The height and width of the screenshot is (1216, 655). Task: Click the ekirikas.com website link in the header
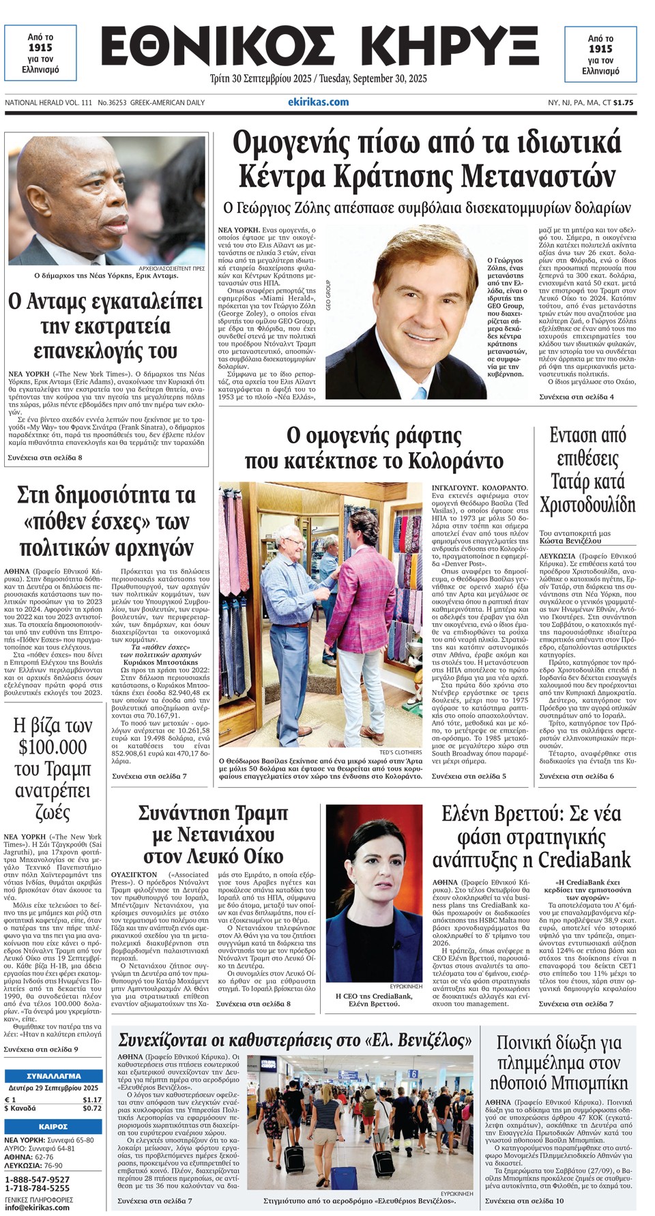click(x=318, y=102)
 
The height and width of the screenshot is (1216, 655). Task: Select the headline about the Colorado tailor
click(x=374, y=448)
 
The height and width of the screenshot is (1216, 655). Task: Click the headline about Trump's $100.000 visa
click(x=53, y=769)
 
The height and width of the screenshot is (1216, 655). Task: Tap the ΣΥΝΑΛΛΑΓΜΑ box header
click(x=53, y=1075)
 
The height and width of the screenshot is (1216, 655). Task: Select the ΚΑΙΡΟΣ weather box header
click(x=53, y=1127)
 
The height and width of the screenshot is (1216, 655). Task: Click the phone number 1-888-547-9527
click(x=37, y=1179)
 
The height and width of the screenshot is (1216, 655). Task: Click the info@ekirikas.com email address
click(x=37, y=1207)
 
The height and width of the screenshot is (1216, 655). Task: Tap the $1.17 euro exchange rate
click(x=91, y=1099)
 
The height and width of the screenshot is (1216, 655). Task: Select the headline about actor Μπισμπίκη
click(x=558, y=1063)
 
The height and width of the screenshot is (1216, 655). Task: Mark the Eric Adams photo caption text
click(x=106, y=276)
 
